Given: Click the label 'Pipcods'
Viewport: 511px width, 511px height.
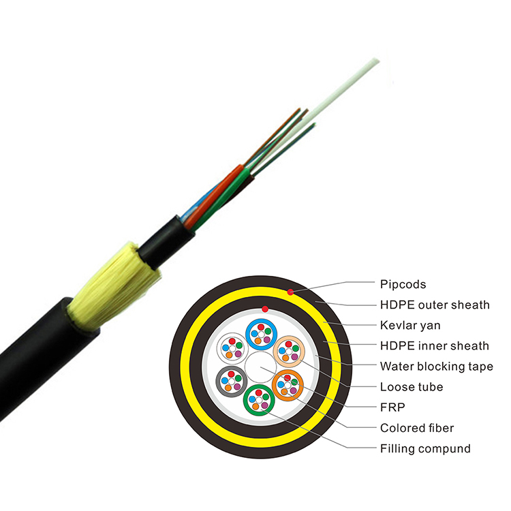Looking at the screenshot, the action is (x=403, y=285).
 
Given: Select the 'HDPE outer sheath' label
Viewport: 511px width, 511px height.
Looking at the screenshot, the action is (x=435, y=305).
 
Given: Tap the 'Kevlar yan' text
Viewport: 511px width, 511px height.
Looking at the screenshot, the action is (x=410, y=325).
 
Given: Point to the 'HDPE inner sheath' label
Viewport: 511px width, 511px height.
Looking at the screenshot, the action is (x=435, y=345).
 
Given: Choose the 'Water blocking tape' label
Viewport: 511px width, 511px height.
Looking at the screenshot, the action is (x=437, y=367).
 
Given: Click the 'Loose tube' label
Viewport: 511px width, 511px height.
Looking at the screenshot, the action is (x=412, y=387).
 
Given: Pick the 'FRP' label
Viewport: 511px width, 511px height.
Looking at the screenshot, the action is (x=392, y=407).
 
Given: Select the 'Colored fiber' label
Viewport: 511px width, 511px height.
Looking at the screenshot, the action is (x=417, y=428).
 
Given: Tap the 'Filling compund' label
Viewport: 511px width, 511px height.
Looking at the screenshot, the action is (x=425, y=449).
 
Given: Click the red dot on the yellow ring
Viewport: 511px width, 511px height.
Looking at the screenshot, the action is (x=290, y=292).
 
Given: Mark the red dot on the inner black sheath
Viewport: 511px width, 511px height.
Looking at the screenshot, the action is (x=265, y=309).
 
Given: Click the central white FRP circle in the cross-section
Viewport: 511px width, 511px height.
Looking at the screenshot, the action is (x=260, y=367).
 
